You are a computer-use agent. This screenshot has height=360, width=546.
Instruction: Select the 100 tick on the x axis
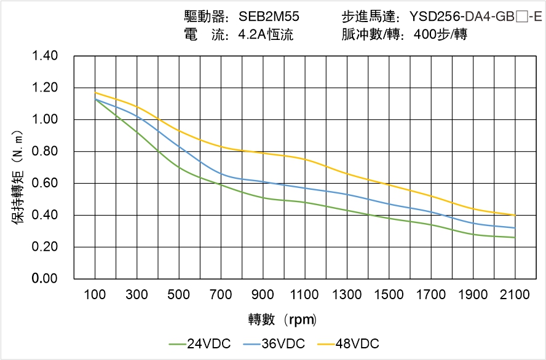click(x=95, y=295)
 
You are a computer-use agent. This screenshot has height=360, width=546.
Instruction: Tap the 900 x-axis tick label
click(x=263, y=295)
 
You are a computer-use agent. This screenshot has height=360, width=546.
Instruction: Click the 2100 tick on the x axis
click(x=515, y=295)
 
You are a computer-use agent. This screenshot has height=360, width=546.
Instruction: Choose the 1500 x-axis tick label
click(x=389, y=295)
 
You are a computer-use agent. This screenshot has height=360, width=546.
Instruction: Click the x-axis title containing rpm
click(x=282, y=319)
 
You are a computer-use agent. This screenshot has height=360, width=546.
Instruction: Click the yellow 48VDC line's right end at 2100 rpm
click(x=515, y=215)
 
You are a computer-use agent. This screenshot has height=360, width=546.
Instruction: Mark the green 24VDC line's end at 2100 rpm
click(x=515, y=237)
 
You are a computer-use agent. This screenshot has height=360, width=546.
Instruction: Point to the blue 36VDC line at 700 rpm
click(x=221, y=174)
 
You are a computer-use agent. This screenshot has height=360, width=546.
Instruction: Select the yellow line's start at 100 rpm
click(x=95, y=93)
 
